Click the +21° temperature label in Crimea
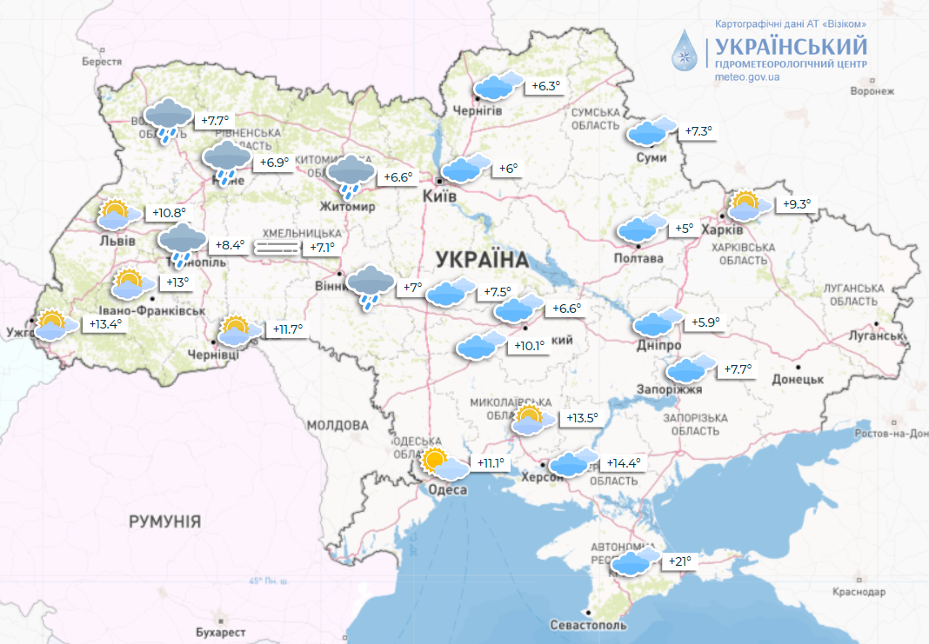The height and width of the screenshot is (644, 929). tap(679, 561)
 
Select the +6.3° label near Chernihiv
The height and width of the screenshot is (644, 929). tap(546, 86)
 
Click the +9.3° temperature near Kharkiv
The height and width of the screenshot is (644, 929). tap(796, 205)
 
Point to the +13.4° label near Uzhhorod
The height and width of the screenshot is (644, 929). tap(105, 324)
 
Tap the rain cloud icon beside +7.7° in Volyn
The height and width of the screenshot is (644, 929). tap(169, 119)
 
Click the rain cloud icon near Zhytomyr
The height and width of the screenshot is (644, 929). tap(351, 176)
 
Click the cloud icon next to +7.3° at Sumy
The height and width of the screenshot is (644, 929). tap(652, 131)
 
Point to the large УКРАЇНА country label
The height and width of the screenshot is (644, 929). tap(482, 259)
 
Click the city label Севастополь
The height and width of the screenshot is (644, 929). tap(588, 625)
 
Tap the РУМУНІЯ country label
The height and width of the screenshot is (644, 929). tap(164, 521)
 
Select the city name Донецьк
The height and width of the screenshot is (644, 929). tap(797, 379)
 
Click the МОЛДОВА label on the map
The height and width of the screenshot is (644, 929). tap(338, 425)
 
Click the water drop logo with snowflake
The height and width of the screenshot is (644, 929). tap(687, 51)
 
